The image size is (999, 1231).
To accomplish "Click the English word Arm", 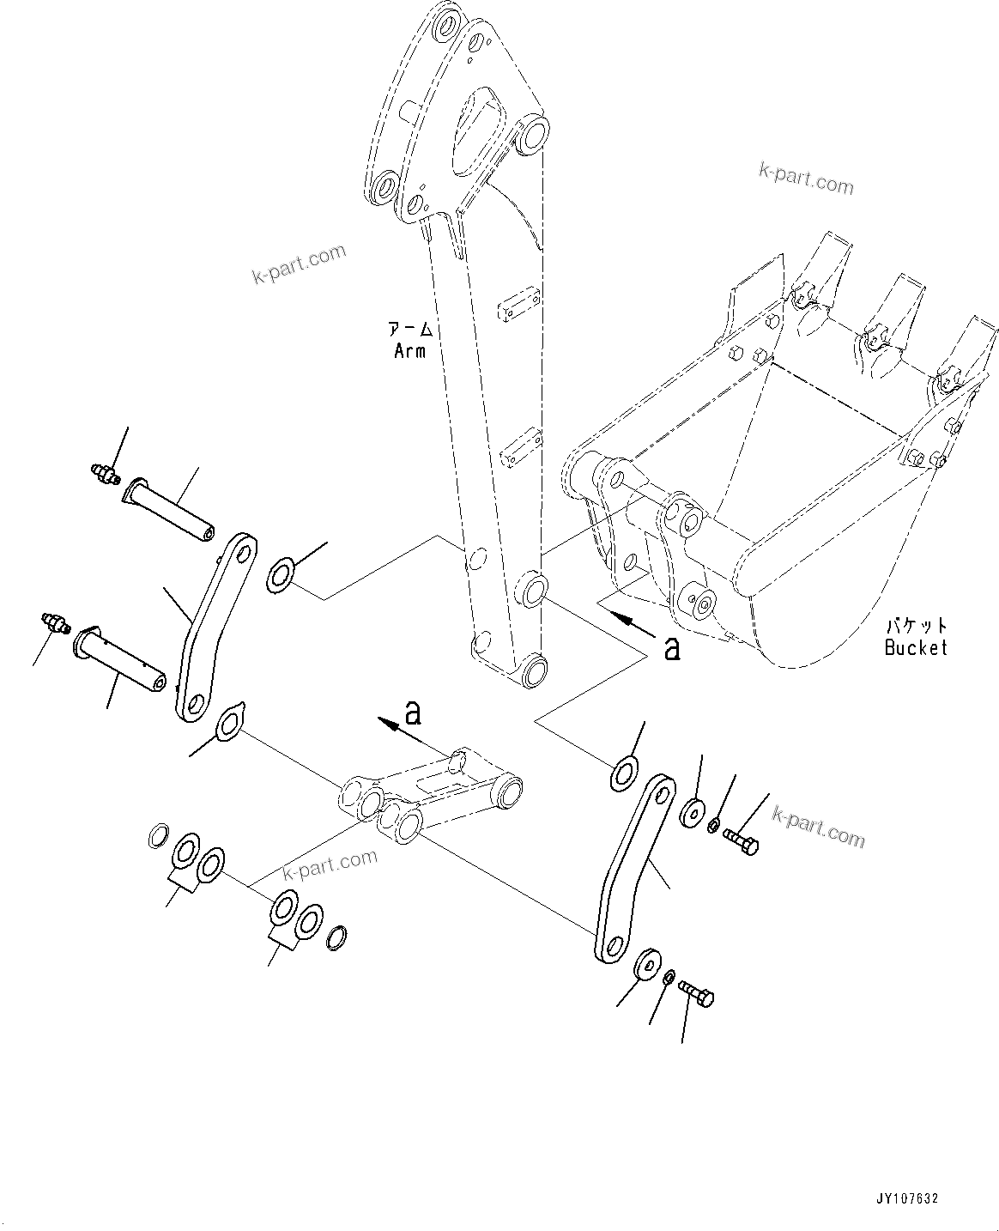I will click(409, 350).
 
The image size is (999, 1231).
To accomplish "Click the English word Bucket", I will click(916, 647).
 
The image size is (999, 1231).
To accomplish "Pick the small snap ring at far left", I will click(158, 834).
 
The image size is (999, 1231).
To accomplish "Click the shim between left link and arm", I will click(281, 573).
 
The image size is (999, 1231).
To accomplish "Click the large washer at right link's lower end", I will click(649, 964).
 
